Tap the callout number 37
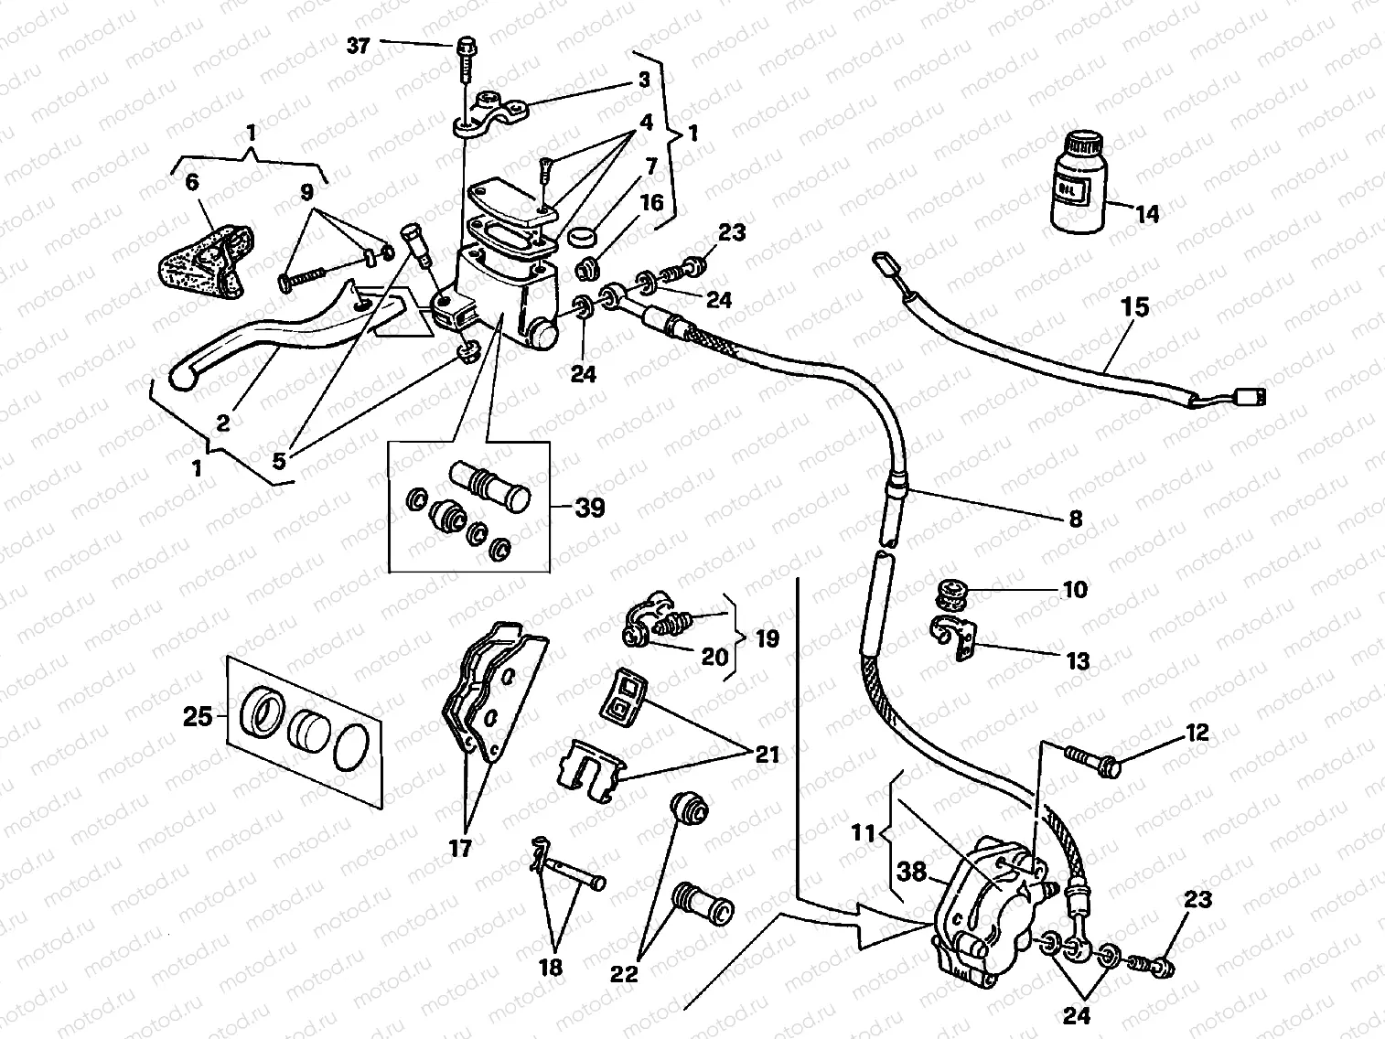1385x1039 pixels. click(x=359, y=45)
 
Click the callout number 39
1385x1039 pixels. click(x=590, y=507)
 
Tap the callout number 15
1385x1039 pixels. click(x=1134, y=306)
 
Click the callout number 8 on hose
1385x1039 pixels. click(x=1075, y=519)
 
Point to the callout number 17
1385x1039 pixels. click(x=460, y=849)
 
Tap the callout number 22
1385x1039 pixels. click(x=625, y=975)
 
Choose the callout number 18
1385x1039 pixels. click(x=551, y=968)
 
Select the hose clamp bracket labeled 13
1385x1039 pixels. click(x=953, y=638)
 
